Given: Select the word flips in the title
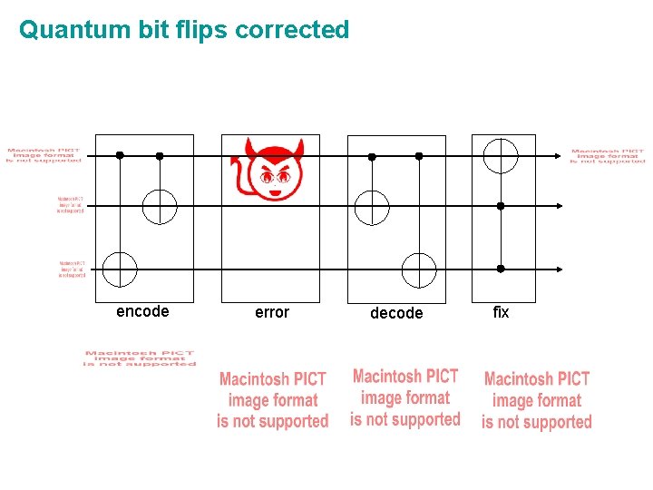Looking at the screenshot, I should coord(196,30).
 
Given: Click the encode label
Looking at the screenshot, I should coord(142,311).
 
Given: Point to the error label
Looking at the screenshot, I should coord(272,312).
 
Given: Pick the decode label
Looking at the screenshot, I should coord(396,313).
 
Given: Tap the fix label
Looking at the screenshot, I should coord(501,312).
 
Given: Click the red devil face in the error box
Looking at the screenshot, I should coord(268,171).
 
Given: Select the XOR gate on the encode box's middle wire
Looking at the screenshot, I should coord(160,206).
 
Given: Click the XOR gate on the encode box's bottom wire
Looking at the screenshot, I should coord(120,269).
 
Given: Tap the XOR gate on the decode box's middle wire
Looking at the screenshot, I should coord(372,207).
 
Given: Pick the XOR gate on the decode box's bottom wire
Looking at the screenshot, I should coord(419,269).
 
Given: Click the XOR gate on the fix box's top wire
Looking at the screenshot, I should coord(500,155).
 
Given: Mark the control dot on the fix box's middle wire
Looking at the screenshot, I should coord(500,206).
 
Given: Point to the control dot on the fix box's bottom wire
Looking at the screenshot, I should coord(500,269).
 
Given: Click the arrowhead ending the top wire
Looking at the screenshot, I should coord(559,155).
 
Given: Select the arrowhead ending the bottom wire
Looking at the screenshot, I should coord(559,269).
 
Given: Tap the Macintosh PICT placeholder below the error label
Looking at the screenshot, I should coord(272,400).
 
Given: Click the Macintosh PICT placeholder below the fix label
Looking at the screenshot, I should coord(537,400).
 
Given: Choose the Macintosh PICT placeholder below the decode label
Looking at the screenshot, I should coord(405,397).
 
